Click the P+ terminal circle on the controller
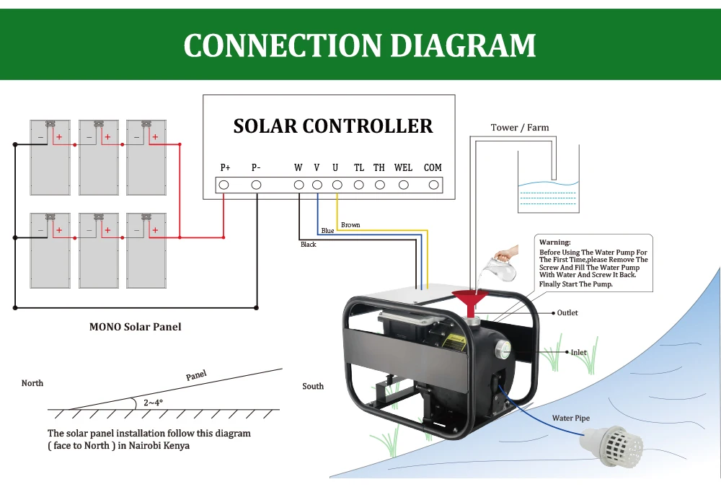coord(224,185)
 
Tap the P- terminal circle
coord(256,185)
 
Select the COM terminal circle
coord(433,185)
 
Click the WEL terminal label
coord(403,168)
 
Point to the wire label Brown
coord(350,225)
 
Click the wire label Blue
coord(327,231)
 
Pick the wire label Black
coord(308,245)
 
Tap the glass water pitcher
coord(502,268)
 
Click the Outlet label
coord(567,313)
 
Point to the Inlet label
coord(578,353)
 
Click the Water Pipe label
coord(571,418)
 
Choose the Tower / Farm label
coord(520,128)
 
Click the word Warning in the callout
coord(554,242)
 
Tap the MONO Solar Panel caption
coord(135,327)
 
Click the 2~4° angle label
coord(153,403)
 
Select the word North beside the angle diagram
coord(32,383)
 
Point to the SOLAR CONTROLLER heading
coord(333,126)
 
